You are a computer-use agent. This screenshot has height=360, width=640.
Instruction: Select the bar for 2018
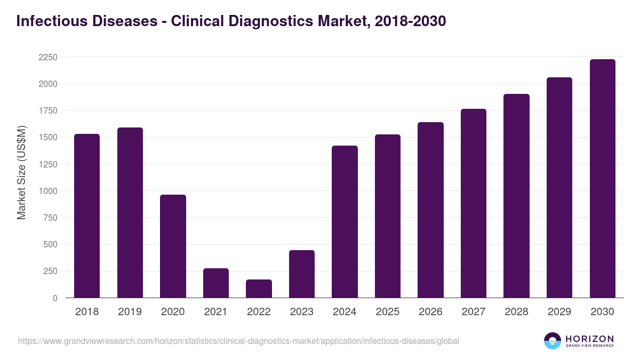tap(87, 216)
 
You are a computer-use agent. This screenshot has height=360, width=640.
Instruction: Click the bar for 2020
tap(173, 246)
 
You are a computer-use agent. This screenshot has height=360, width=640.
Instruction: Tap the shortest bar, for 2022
tap(259, 289)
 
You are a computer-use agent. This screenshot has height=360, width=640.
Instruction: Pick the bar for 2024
tap(345, 222)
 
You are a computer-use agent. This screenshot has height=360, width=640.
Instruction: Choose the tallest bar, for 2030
tap(602, 179)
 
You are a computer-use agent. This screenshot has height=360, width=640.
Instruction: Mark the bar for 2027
tap(474, 203)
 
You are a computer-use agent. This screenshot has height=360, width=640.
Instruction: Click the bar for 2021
tap(216, 283)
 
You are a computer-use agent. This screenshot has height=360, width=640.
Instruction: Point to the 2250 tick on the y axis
tap(48, 58)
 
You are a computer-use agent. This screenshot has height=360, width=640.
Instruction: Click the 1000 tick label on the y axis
tap(48, 191)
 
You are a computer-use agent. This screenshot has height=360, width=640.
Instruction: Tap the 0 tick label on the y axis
tap(55, 298)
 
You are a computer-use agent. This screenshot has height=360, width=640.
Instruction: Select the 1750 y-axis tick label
tap(48, 111)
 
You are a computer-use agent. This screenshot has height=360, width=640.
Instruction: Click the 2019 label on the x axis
tap(130, 312)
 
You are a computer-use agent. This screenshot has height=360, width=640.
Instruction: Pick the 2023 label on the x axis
tap(302, 312)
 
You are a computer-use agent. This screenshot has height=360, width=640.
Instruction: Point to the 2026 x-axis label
tap(430, 312)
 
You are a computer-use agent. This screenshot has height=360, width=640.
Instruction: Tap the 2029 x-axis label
tap(559, 312)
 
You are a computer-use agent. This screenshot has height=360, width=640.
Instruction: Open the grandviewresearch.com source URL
tap(238, 341)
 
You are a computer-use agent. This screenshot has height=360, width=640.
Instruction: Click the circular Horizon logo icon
tap(553, 341)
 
